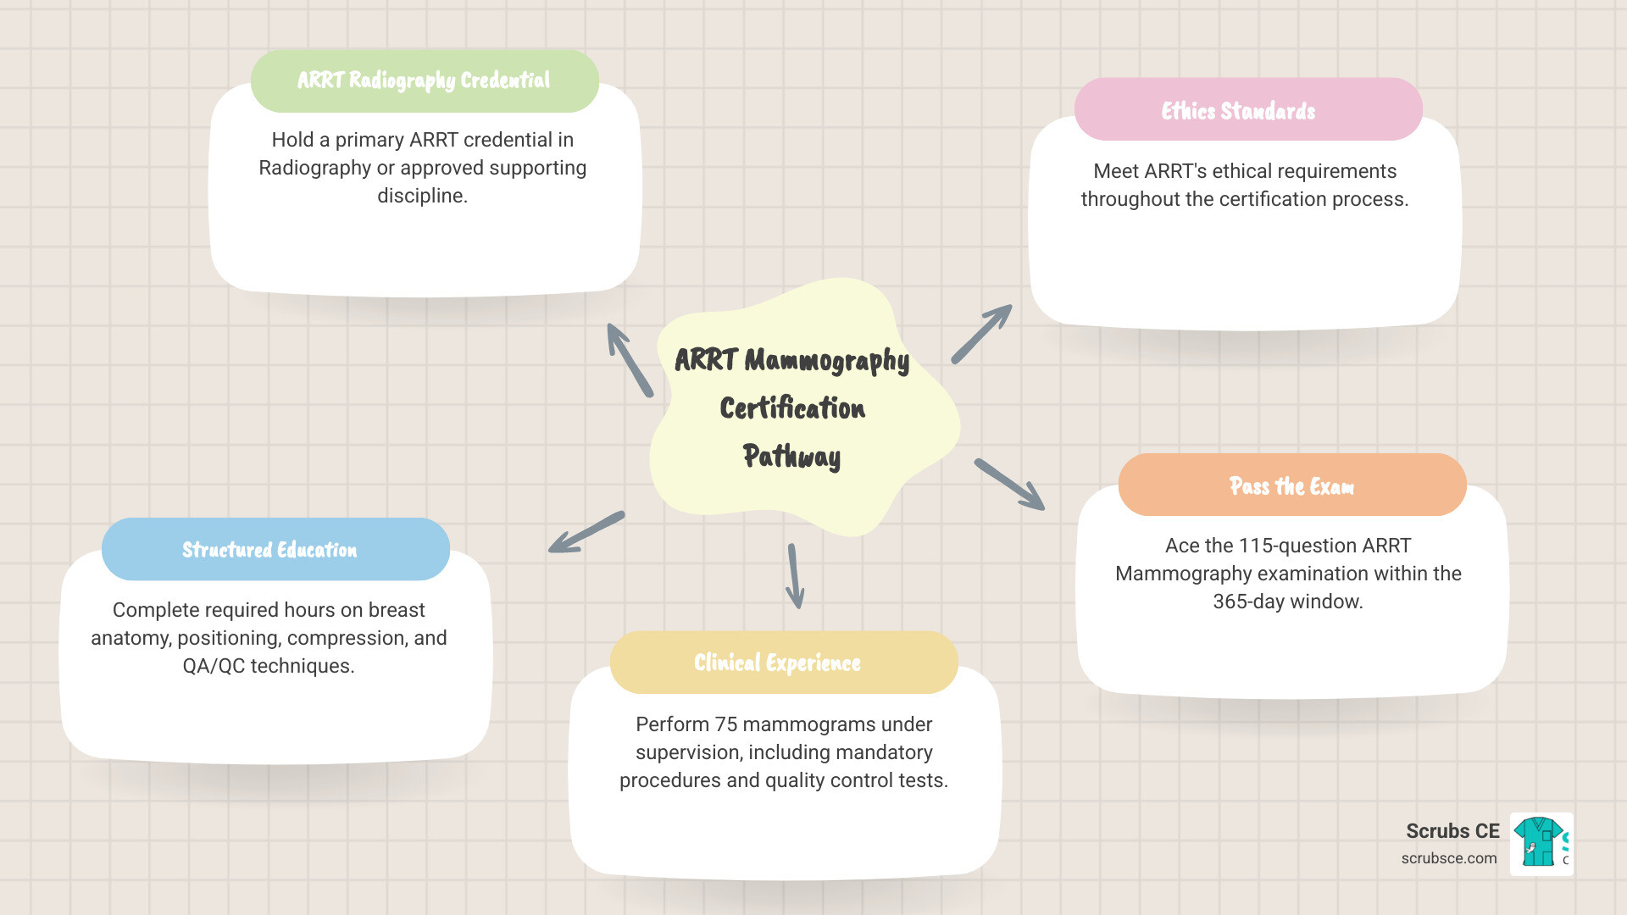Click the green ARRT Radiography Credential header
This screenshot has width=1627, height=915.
(425, 80)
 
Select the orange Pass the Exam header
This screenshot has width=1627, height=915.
(1291, 485)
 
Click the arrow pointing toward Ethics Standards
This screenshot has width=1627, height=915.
(981, 335)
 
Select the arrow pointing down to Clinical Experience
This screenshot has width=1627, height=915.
(794, 576)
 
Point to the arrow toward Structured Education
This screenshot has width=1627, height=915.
(586, 533)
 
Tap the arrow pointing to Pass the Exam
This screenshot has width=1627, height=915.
(1009, 485)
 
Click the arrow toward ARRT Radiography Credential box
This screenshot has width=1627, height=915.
(630, 360)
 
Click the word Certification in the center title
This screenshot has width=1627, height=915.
(792, 408)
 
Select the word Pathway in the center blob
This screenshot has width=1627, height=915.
(791, 457)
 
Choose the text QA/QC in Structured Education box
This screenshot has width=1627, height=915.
(214, 666)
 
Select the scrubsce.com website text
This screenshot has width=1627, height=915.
(1448, 858)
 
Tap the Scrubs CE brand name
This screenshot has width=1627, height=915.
(1452, 831)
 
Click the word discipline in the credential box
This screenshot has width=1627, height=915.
(422, 196)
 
